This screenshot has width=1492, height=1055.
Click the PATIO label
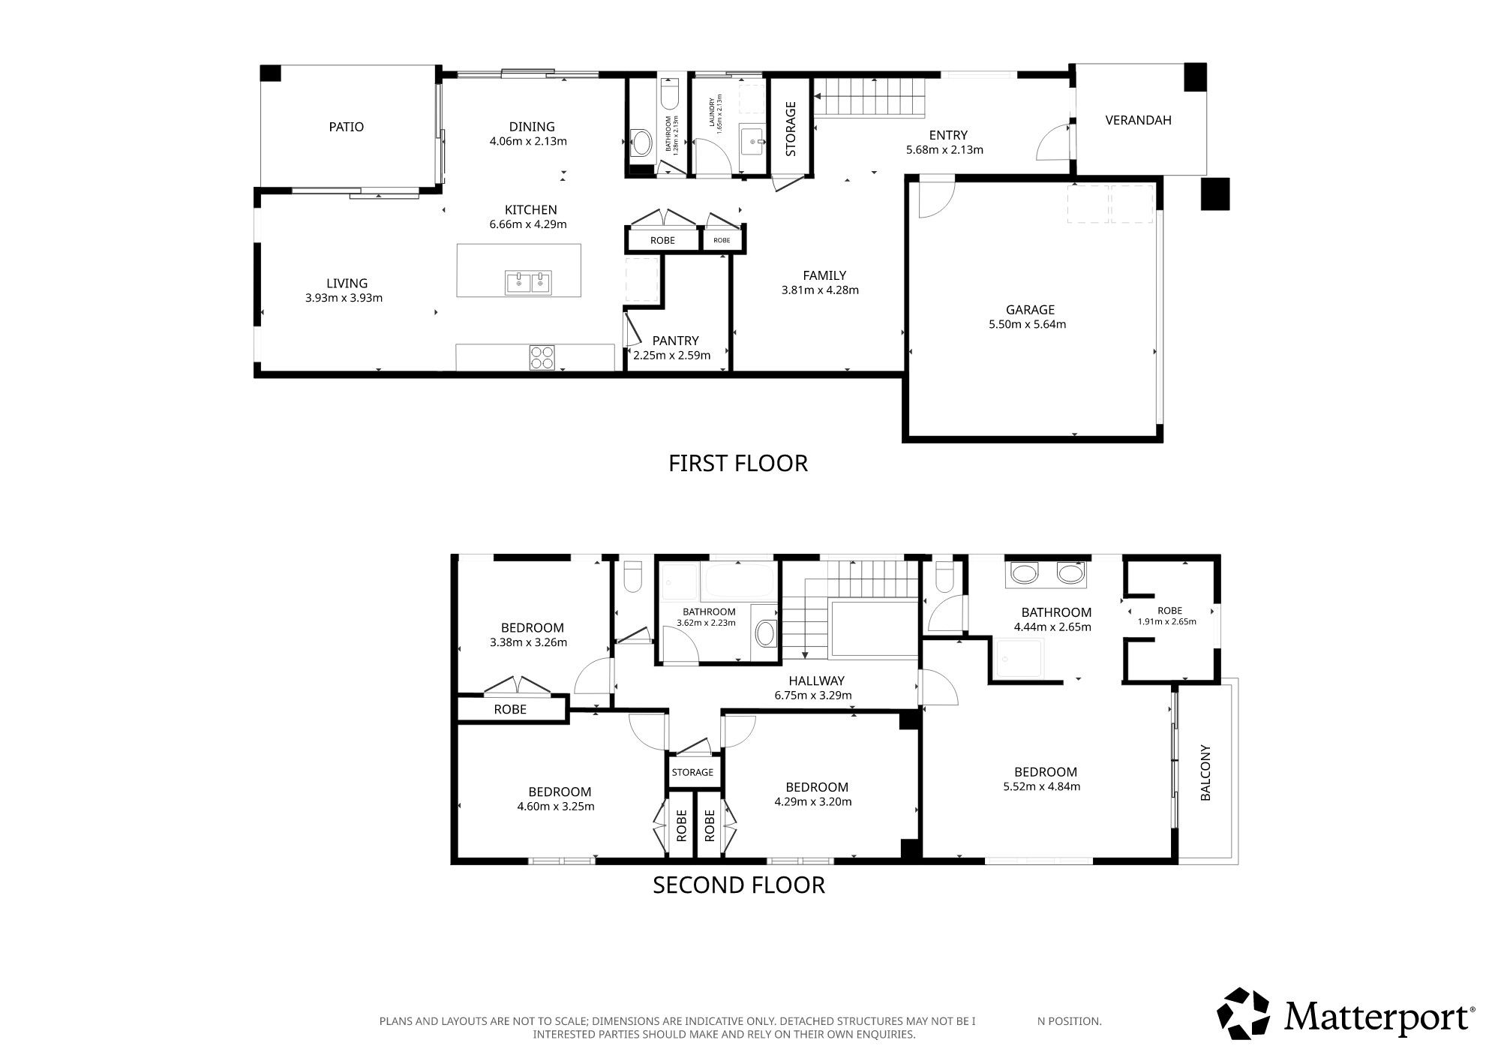[346, 127]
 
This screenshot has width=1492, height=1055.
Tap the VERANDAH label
[1138, 120]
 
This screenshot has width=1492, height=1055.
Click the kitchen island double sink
[528, 282]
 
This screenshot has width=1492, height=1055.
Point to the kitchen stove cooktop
[542, 357]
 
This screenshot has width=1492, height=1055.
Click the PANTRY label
[675, 341]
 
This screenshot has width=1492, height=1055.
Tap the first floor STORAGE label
[791, 128]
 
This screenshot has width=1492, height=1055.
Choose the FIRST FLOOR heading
[738, 463]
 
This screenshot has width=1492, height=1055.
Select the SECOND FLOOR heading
[739, 885]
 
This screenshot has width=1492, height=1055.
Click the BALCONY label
[1206, 773]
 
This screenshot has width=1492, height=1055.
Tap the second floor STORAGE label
[692, 772]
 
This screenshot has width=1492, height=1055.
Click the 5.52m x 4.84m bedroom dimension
[1041, 786]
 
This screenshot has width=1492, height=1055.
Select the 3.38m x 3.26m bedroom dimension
[528, 642]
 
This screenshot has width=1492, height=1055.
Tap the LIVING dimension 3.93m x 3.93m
[344, 297]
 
